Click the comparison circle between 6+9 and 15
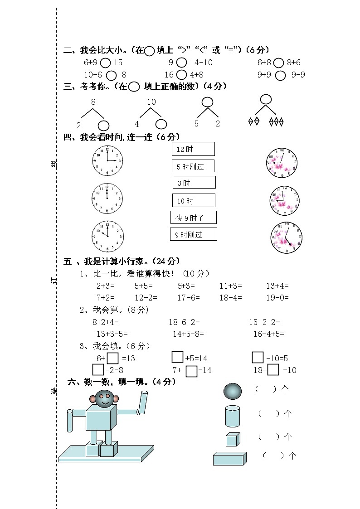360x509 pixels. pyautogui.click(x=105, y=63)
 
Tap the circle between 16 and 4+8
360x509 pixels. pyautogui.click(x=181, y=75)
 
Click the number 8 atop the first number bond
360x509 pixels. pyautogui.click(x=93, y=102)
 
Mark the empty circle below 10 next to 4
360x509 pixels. pyautogui.click(x=161, y=124)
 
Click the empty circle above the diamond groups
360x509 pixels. pyautogui.click(x=265, y=99)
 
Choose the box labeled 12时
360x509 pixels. pyautogui.click(x=193, y=149)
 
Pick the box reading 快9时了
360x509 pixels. pyautogui.click(x=194, y=218)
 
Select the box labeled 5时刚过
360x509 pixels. pyautogui.click(x=193, y=166)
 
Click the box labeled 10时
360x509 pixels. pyautogui.click(x=194, y=200)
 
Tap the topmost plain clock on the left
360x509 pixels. pyautogui.click(x=107, y=160)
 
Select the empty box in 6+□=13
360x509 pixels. pyautogui.click(x=113, y=358)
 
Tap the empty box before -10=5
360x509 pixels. pyautogui.click(x=258, y=358)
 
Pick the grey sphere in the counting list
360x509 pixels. pyautogui.click(x=233, y=391)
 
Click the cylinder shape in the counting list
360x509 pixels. pyautogui.click(x=232, y=416)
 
